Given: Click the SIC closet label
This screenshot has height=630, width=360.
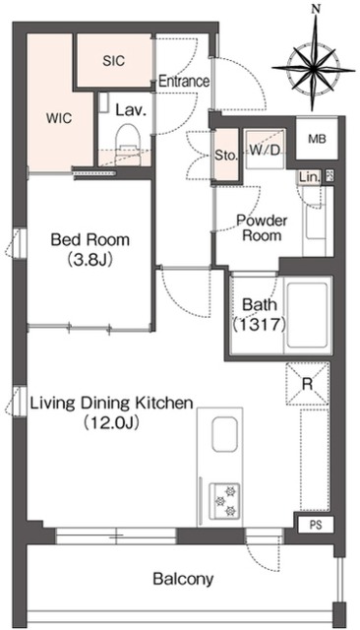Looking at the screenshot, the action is click(x=113, y=61).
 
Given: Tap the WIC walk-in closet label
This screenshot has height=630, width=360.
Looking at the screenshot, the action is click(x=59, y=118).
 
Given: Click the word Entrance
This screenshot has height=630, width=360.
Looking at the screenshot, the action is click(x=184, y=81).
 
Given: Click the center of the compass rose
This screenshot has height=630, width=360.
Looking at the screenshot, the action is click(x=314, y=69).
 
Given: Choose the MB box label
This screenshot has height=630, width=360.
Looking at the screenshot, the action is click(x=317, y=139).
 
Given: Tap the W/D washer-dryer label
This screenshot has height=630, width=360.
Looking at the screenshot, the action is click(x=265, y=151).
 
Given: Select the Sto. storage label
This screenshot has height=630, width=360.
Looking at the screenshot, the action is click(x=225, y=156).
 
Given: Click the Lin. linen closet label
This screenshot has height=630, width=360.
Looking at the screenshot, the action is click(x=310, y=176).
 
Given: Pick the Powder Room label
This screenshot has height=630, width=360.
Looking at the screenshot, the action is click(x=262, y=227).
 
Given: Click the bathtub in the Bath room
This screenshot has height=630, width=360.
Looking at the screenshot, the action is click(x=308, y=315).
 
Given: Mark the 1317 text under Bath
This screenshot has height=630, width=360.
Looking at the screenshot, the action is click(x=260, y=324).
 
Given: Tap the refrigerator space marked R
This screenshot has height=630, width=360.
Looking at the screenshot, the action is click(x=308, y=383).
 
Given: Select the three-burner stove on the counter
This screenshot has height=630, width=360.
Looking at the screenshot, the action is click(x=224, y=501).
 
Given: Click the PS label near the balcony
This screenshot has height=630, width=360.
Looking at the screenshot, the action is click(x=316, y=525).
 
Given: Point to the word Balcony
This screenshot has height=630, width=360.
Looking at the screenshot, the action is click(x=183, y=579).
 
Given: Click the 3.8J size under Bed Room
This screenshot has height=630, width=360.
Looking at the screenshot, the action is click(x=90, y=259).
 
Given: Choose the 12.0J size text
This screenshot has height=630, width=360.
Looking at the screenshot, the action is click(x=111, y=422).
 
